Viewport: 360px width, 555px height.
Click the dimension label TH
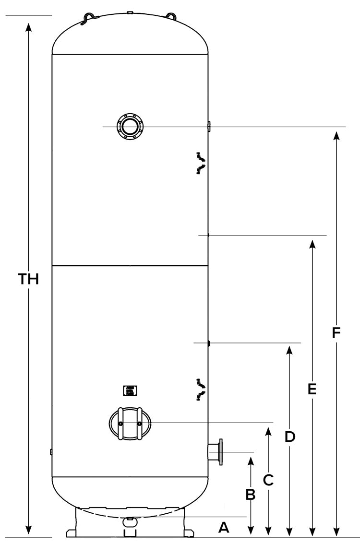pyautogui.click(x=28, y=279)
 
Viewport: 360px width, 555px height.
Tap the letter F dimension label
pyautogui.click(x=336, y=332)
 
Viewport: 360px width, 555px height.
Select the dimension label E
pyautogui.click(x=312, y=389)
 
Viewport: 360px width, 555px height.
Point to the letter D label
pyautogui.click(x=289, y=437)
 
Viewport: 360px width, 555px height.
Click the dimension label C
pyautogui.click(x=269, y=479)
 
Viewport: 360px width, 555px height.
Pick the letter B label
pyautogui.click(x=250, y=495)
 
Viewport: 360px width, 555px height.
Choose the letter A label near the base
pyautogui.click(x=224, y=528)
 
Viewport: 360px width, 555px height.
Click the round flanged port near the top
pyautogui.click(x=130, y=127)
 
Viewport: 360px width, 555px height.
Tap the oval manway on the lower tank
pyautogui.click(x=130, y=423)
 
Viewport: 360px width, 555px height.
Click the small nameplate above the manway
pyautogui.click(x=129, y=390)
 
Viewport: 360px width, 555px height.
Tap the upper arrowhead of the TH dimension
pyautogui.click(x=29, y=26)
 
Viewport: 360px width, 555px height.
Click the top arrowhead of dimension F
pyautogui.click(x=336, y=134)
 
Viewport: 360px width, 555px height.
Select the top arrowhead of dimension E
pyautogui.click(x=312, y=243)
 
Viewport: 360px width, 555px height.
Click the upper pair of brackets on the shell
pyautogui.click(x=201, y=162)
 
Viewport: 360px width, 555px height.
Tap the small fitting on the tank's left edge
pyautogui.click(x=51, y=451)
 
